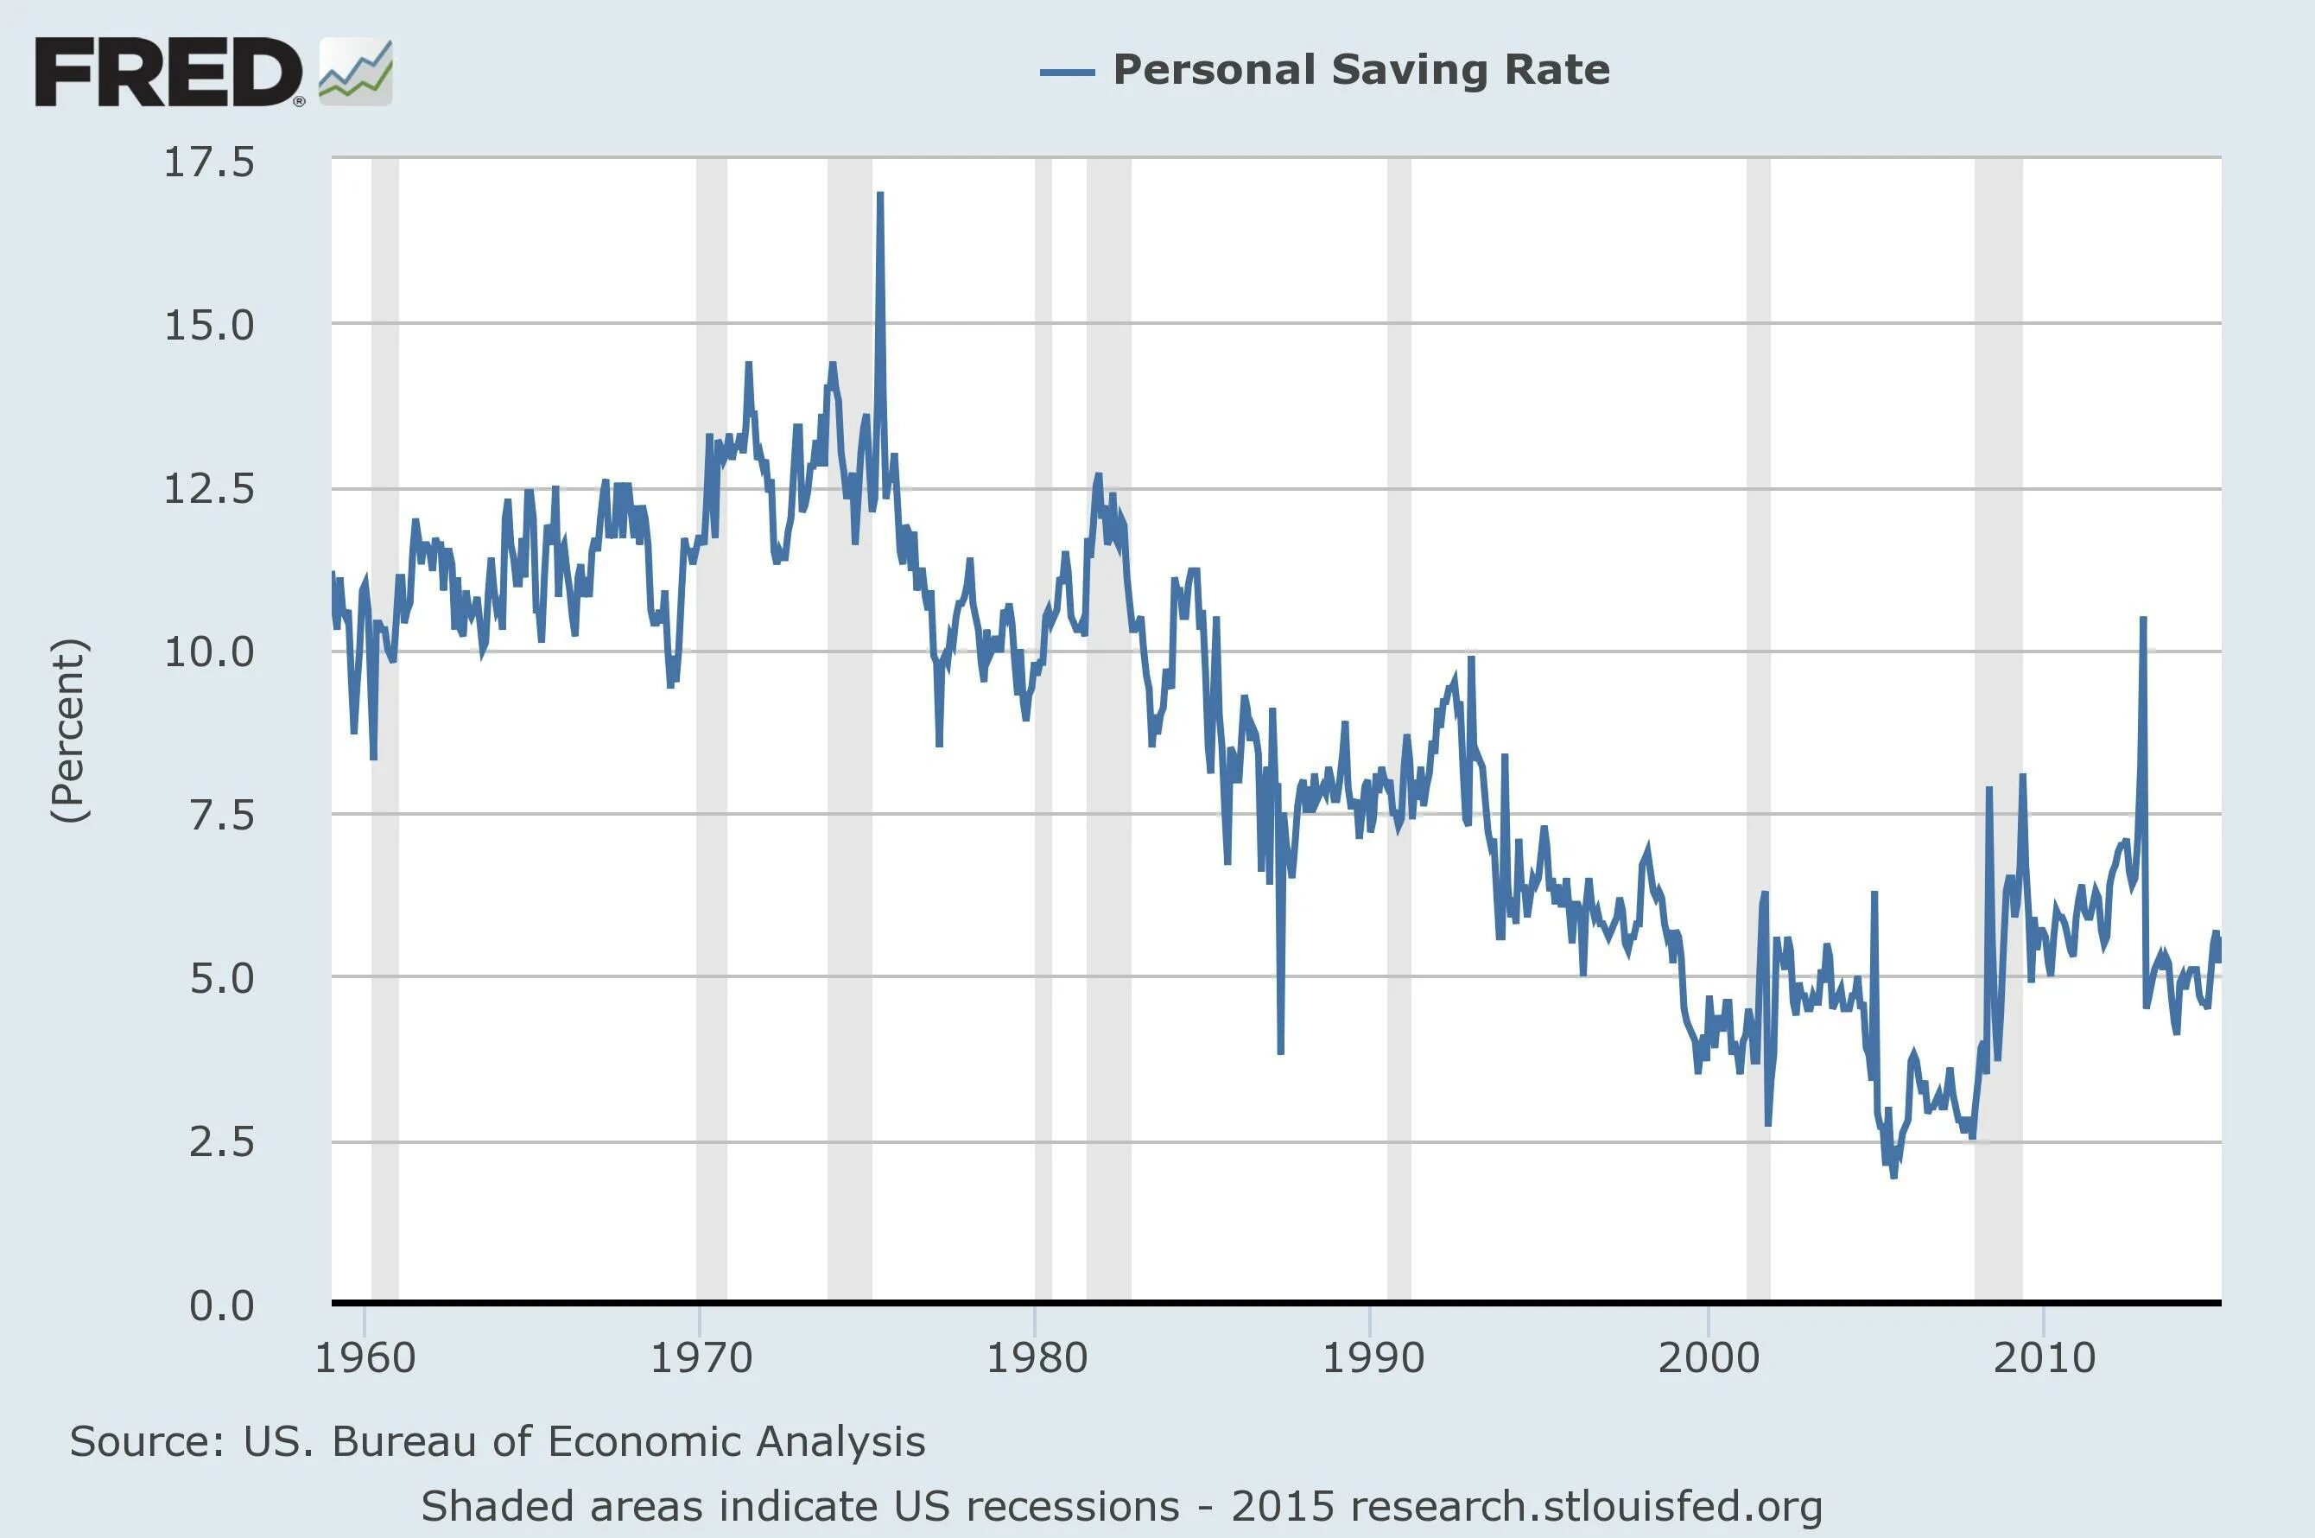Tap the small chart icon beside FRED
tap(356, 72)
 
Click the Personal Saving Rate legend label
tap(1361, 70)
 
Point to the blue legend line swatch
tap(1067, 72)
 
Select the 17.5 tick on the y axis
tap(209, 162)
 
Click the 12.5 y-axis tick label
tap(209, 488)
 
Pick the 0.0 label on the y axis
tap(222, 1306)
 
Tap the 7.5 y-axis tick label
tap(222, 815)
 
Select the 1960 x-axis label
tap(365, 1358)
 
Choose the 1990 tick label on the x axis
tap(1373, 1358)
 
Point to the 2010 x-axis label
tap(2045, 1358)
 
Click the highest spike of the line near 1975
tap(879, 196)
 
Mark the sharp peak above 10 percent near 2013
tap(2142, 620)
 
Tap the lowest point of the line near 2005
tap(1893, 1174)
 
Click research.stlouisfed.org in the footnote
tap(1585, 1507)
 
